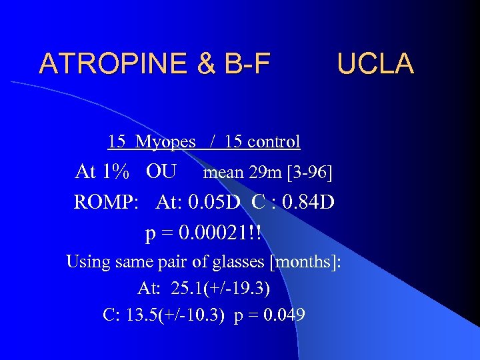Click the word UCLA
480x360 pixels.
pos(375,63)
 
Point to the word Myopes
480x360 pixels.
pos(165,141)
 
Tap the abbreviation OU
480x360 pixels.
pos(161,172)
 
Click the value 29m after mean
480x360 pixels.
pos(265,173)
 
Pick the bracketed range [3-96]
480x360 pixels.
pos(309,173)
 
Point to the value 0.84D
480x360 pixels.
pos(309,202)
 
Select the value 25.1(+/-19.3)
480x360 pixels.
pos(221,288)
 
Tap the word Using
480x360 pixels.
pos(88,261)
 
